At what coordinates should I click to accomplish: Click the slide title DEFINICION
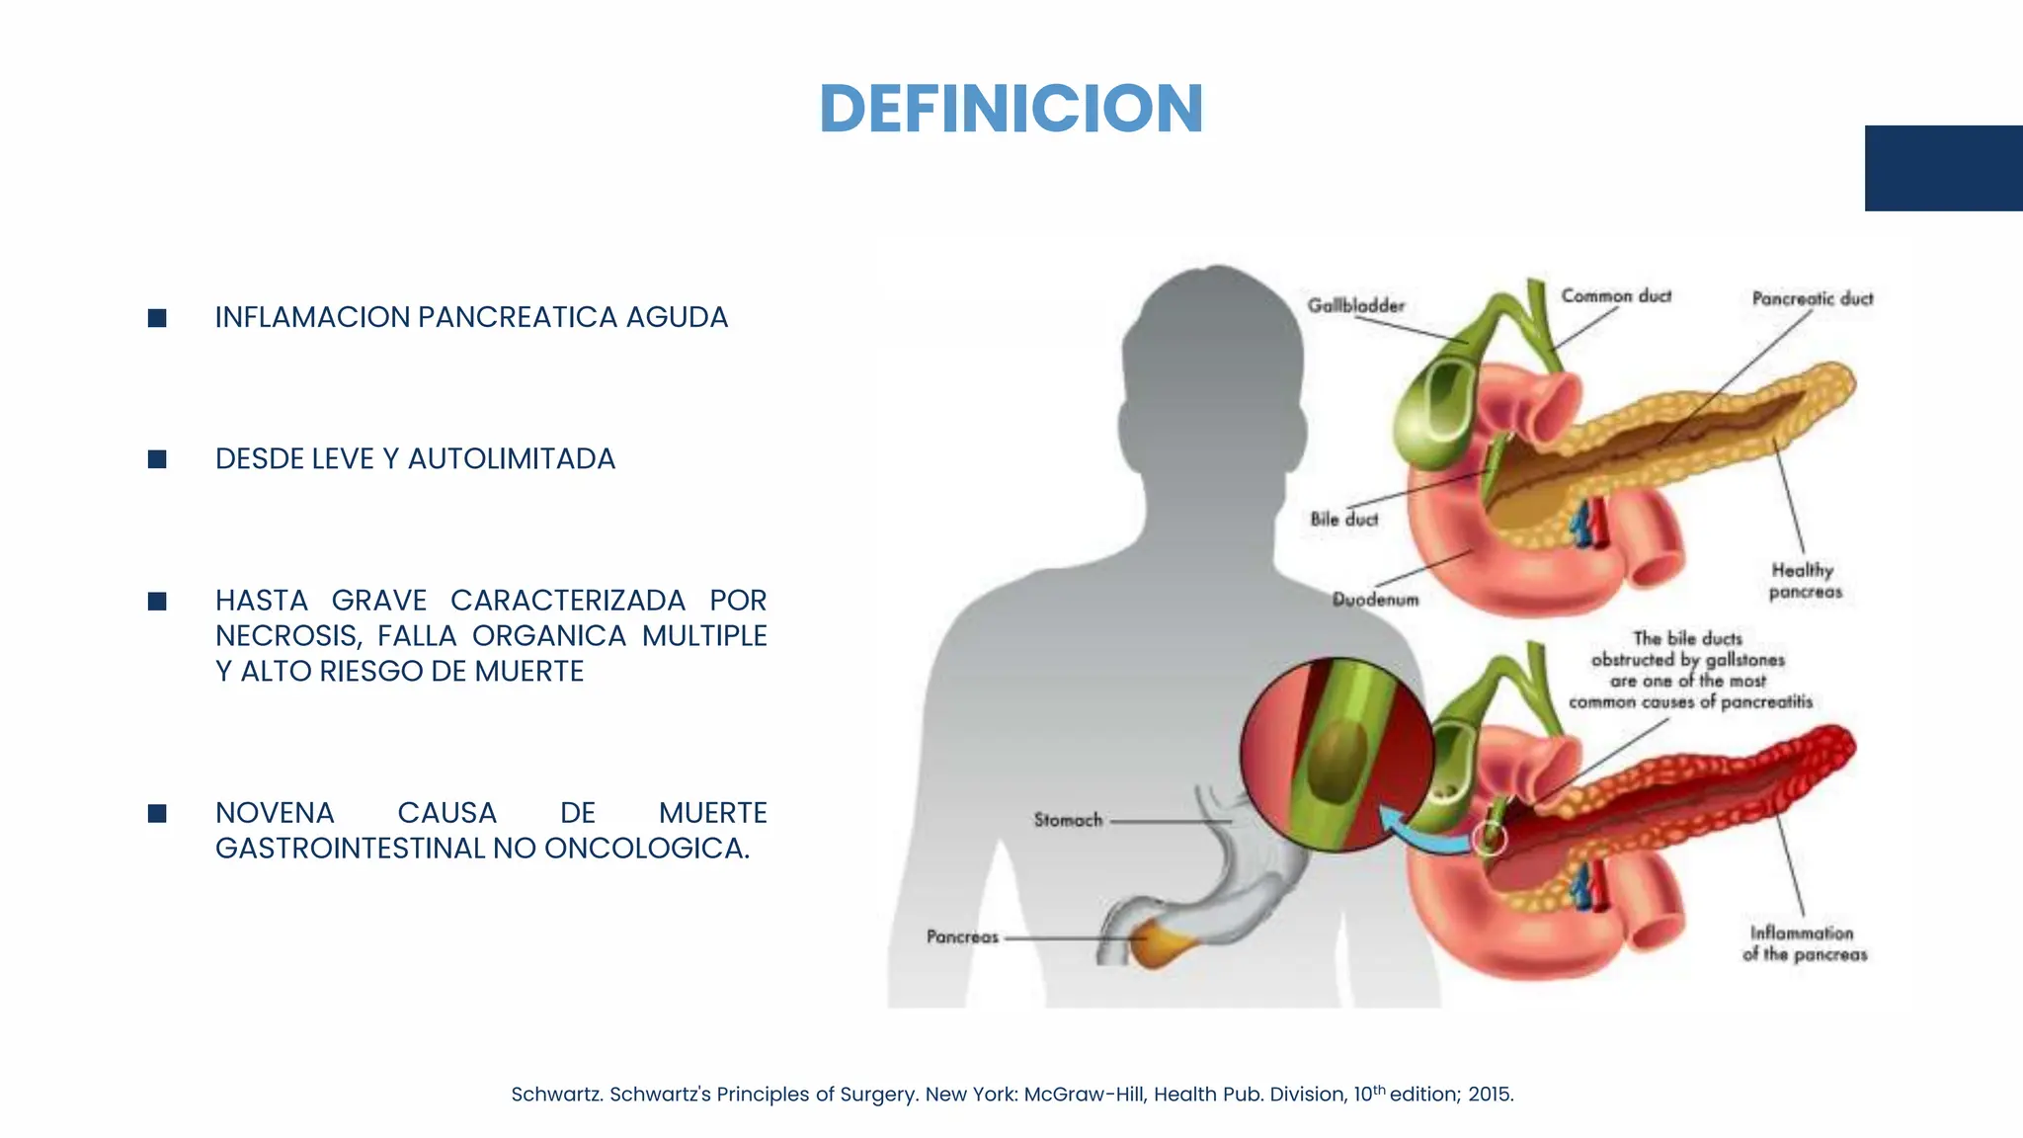pyautogui.click(x=1011, y=109)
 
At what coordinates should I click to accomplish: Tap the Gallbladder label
pyautogui.click(x=1355, y=306)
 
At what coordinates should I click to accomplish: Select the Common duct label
pyautogui.click(x=1616, y=296)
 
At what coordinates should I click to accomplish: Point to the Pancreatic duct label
pyautogui.click(x=1812, y=298)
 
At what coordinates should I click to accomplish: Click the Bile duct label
pyautogui.click(x=1343, y=520)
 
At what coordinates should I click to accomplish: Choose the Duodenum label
pyautogui.click(x=1375, y=600)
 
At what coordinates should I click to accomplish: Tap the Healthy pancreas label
pyautogui.click(x=1805, y=581)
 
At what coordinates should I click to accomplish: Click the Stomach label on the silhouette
pyautogui.click(x=1068, y=820)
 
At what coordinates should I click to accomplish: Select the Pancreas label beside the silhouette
pyautogui.click(x=962, y=936)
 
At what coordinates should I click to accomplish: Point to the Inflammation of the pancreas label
pyautogui.click(x=1805, y=943)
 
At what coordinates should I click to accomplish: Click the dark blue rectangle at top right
pyautogui.click(x=1943, y=168)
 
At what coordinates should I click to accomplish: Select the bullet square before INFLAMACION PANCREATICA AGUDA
pyautogui.click(x=157, y=318)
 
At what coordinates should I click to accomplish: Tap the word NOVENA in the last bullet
pyautogui.click(x=275, y=813)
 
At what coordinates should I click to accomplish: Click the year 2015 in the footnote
pyautogui.click(x=1491, y=1095)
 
